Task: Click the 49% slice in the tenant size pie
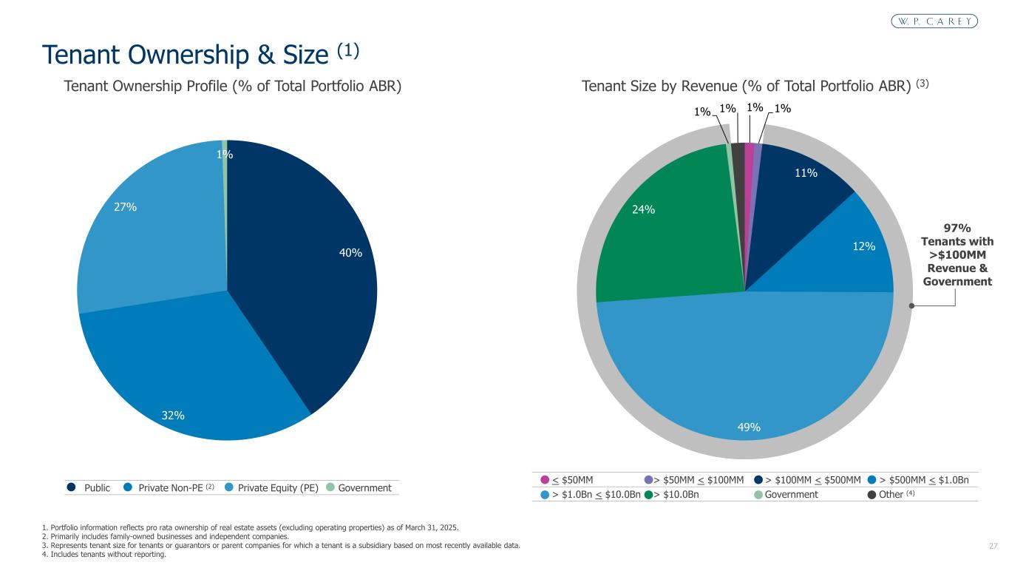coord(747,377)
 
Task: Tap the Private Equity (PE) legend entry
coord(278,488)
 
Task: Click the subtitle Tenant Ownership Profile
coord(233,87)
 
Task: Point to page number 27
coord(993,546)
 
